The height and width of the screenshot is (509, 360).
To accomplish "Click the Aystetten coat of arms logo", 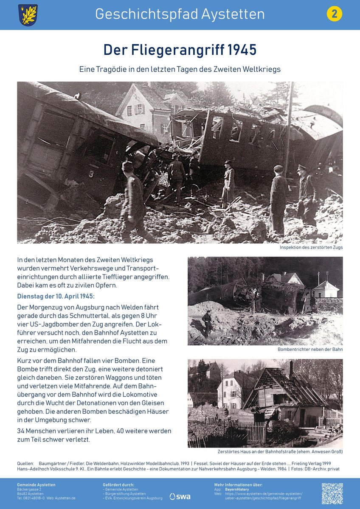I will click(x=28, y=15).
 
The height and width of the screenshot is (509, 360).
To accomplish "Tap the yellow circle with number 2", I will click(x=334, y=14).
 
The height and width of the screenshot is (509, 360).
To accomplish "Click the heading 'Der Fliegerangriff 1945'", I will click(x=180, y=50).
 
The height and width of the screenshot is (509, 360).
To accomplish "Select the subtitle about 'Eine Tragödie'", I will click(x=180, y=69).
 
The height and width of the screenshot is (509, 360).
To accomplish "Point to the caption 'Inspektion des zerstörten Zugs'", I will click(x=311, y=247).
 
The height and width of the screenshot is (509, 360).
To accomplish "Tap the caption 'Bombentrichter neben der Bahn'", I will click(x=310, y=349).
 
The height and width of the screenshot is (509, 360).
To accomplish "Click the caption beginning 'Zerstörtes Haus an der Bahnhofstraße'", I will click(x=280, y=451).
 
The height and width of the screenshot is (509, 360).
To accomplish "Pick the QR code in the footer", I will click(x=332, y=493).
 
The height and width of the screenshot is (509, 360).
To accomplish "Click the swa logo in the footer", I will click(x=180, y=496).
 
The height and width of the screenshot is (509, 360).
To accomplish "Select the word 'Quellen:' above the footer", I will click(x=25, y=463).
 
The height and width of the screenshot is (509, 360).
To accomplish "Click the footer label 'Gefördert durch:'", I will click(x=118, y=484).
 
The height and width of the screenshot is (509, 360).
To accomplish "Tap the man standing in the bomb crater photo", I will click(x=207, y=322).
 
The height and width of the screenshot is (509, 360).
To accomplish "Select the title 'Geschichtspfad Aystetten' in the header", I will click(x=180, y=14).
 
